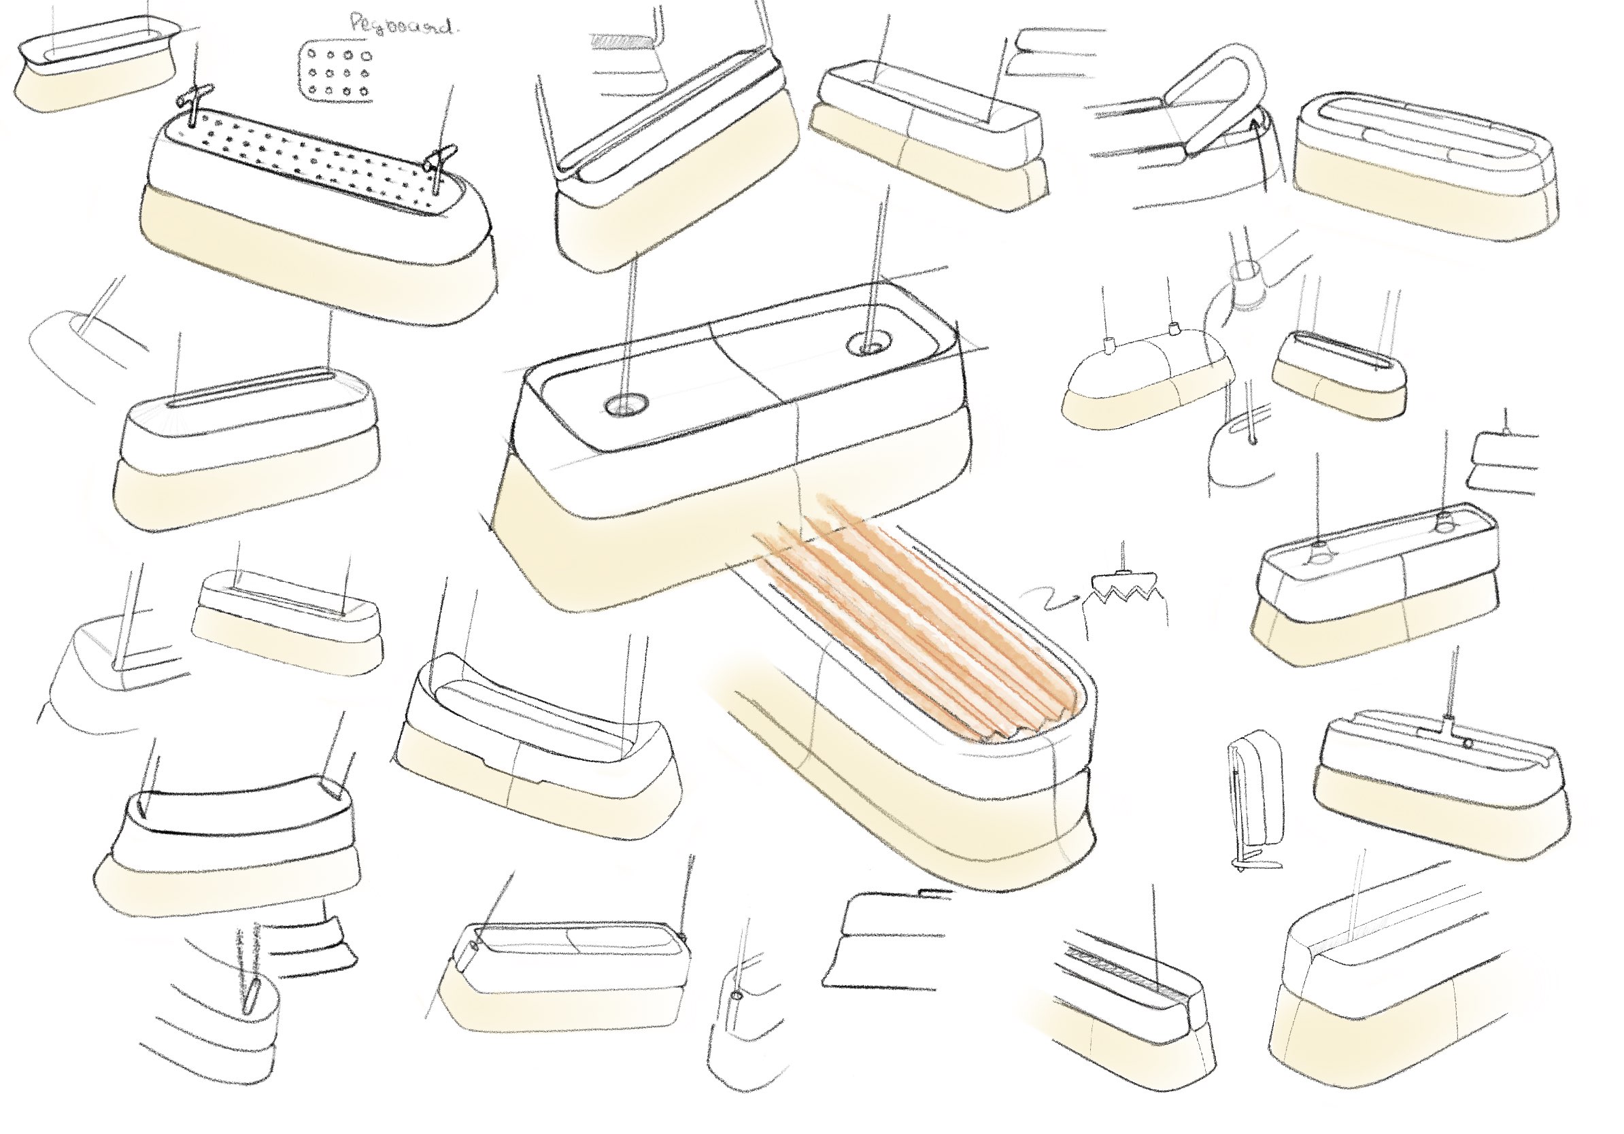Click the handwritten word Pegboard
coord(402,25)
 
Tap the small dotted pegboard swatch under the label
coord(335,73)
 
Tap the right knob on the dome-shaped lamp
coord(1175,328)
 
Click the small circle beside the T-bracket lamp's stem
coord(1468,743)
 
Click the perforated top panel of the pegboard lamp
coord(318,162)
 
